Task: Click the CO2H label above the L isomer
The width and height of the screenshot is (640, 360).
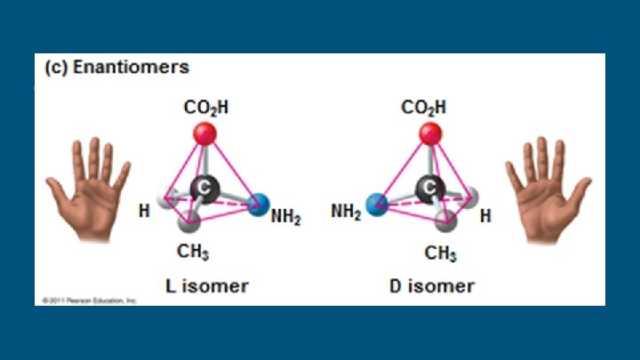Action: [x=206, y=108]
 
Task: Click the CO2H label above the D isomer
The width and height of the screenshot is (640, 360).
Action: [x=424, y=108]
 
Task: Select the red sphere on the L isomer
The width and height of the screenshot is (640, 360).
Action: [x=204, y=134]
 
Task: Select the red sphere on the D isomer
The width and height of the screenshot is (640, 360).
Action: [x=431, y=134]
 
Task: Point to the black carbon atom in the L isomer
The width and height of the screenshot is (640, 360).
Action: [x=205, y=188]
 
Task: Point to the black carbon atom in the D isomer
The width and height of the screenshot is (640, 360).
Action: [x=431, y=188]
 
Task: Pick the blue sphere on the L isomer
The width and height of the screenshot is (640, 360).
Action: [x=259, y=206]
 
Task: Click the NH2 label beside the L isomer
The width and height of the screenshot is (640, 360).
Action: [x=285, y=216]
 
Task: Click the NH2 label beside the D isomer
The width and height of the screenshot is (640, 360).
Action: [x=346, y=212]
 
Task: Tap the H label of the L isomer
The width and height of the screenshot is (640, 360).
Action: [x=143, y=212]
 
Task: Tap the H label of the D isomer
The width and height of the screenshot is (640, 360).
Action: [x=485, y=216]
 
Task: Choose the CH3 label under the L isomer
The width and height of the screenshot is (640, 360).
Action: [x=193, y=252]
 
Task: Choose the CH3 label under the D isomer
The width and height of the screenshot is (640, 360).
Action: [x=440, y=253]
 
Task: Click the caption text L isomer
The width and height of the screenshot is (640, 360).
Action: [x=207, y=286]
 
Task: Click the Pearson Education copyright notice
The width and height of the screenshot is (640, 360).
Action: [x=89, y=301]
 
